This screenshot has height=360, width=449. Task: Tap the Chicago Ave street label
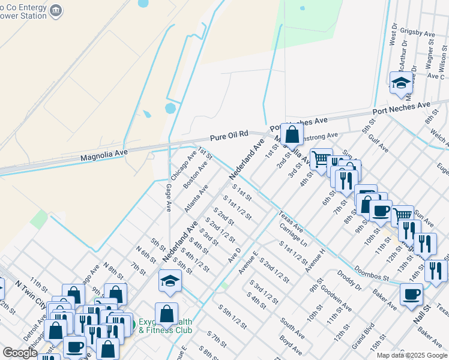click(x=183, y=166)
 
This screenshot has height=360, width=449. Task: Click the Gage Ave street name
click(x=169, y=197)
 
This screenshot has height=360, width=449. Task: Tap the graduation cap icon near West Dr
click(x=400, y=83)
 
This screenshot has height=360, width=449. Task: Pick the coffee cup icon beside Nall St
click(x=412, y=294)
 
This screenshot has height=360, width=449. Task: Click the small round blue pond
click(x=170, y=109)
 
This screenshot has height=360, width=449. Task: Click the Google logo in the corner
click(x=20, y=353)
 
